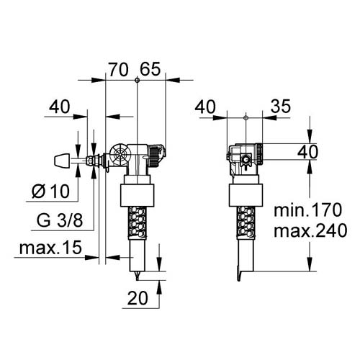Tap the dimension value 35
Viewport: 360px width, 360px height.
point(281,107)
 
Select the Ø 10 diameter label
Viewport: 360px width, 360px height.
point(52,192)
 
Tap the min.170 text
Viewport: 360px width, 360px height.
point(311,211)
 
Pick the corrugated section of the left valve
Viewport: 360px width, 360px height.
point(136,220)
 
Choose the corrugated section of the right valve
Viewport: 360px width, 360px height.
point(243,220)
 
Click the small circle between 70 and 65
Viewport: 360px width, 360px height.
point(136,81)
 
